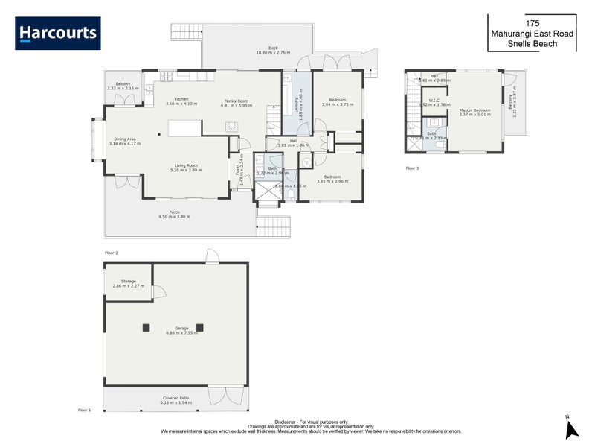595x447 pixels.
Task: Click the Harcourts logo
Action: coord(58,34)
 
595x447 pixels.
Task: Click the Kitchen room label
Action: coord(181,99)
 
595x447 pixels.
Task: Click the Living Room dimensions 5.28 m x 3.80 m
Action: coord(186,170)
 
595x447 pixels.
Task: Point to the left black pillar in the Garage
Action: coord(147,327)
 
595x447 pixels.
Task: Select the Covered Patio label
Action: coord(176,398)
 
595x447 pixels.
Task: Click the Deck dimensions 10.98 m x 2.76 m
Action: coord(273,52)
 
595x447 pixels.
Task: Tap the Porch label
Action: coord(174,212)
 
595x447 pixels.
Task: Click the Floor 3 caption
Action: coord(412,168)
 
